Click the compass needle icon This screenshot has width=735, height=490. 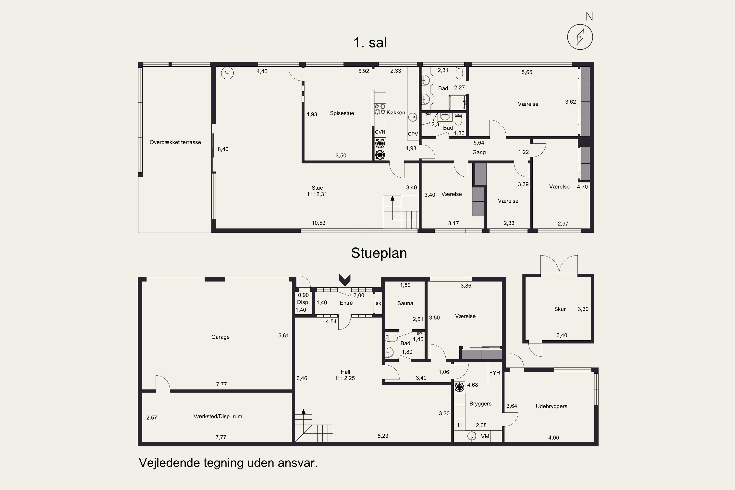pos(580,37)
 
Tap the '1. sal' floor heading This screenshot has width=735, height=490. pos(370,42)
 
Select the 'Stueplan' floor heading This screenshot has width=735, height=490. pos(379,253)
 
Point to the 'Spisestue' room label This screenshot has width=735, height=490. pos(342,113)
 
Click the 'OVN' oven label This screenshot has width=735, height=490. pos(380,132)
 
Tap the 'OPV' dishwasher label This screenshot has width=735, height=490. pos(413,134)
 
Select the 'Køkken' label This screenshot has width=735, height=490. pos(396,112)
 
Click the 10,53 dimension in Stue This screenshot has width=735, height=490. pos(318,223)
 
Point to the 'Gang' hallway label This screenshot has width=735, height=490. pos(479,152)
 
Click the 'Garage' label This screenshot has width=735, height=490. pos(220,337)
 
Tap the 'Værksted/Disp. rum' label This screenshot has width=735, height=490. pos(218,416)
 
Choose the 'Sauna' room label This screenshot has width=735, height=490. pos(405,303)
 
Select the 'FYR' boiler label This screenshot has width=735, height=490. pos(495,372)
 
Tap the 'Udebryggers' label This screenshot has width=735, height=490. pos(551,406)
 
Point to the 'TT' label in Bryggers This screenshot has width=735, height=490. pos(460,425)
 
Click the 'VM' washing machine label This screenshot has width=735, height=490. pos(485,436)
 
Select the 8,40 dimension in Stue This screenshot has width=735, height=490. pos(223,149)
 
